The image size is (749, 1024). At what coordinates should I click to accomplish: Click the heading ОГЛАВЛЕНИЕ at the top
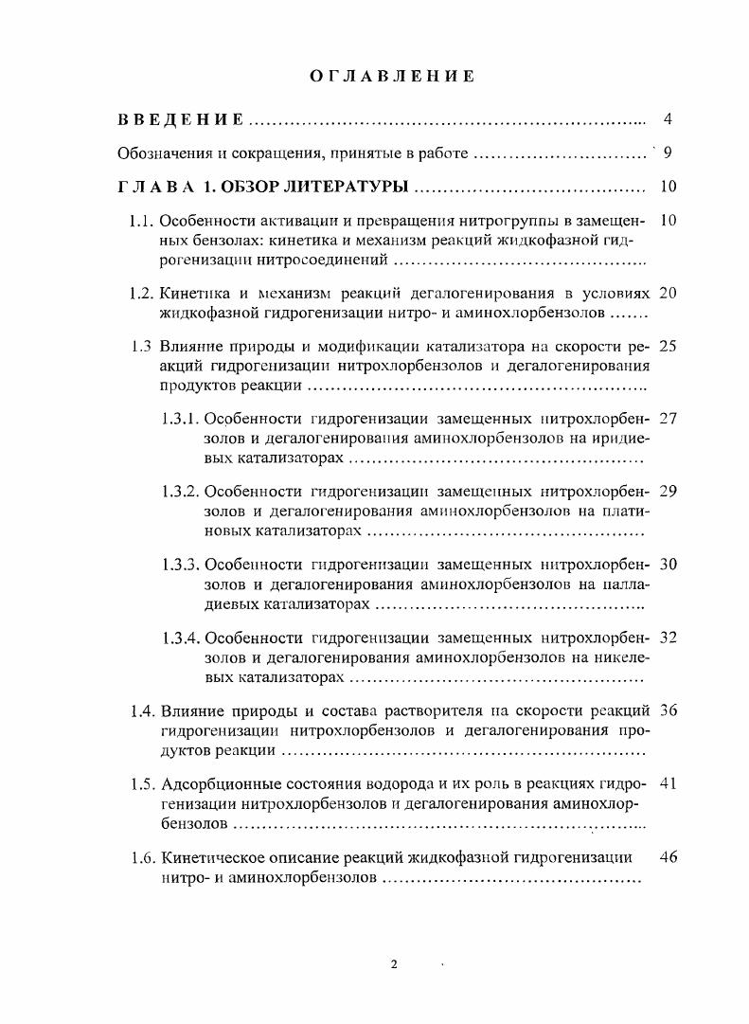392,77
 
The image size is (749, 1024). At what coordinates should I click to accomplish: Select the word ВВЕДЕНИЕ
181,120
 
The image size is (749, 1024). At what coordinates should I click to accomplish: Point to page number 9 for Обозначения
668,153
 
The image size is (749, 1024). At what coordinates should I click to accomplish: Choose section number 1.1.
141,222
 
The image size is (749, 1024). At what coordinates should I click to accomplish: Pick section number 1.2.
141,293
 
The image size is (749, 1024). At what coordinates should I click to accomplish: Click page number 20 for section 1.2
667,293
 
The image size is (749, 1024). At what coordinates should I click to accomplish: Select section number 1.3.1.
180,419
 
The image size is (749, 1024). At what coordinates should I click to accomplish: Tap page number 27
667,419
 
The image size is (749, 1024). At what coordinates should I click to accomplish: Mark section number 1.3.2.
180,492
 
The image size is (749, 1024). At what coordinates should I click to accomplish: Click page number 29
667,492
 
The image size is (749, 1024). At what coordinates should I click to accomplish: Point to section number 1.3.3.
180,565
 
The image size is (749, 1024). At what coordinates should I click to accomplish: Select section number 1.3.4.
180,638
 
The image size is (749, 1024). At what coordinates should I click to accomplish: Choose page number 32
667,638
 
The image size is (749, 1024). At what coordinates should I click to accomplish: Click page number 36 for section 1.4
667,710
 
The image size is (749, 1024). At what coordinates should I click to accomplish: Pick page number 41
667,784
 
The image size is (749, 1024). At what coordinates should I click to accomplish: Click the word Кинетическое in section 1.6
214,858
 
